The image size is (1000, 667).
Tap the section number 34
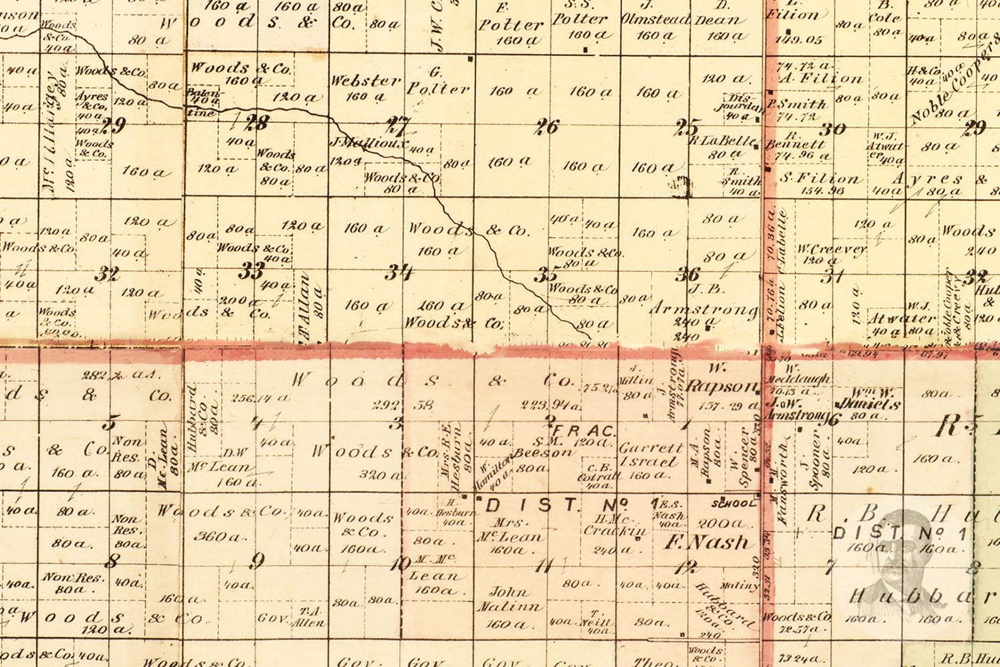pos(399,272)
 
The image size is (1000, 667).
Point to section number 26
pos(546,127)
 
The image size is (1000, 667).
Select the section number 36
pos(688,274)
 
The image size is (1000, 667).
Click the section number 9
pos(256,560)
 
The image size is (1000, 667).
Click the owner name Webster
pos(365,81)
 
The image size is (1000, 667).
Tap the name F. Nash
pos(708,542)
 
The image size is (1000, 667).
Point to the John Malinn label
pos(509,599)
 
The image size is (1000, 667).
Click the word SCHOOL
pos(733,503)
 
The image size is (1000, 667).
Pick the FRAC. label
pos(583,431)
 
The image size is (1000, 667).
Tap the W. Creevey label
pos(831,249)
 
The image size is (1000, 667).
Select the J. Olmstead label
pos(656,20)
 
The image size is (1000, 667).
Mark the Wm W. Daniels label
pos(867,399)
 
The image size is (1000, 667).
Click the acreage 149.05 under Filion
pos(798,40)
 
